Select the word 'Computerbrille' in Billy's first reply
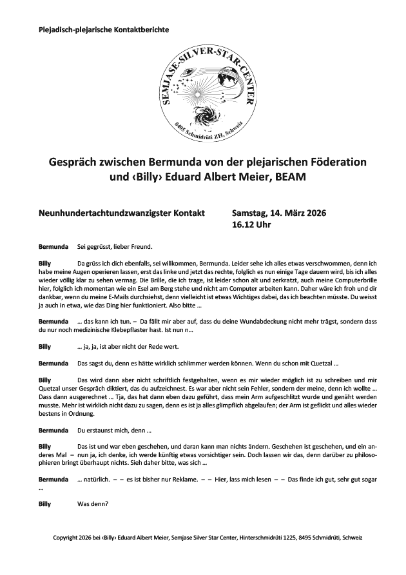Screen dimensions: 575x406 (350, 282)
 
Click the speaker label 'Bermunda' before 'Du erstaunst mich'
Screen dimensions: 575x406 (54, 429)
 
